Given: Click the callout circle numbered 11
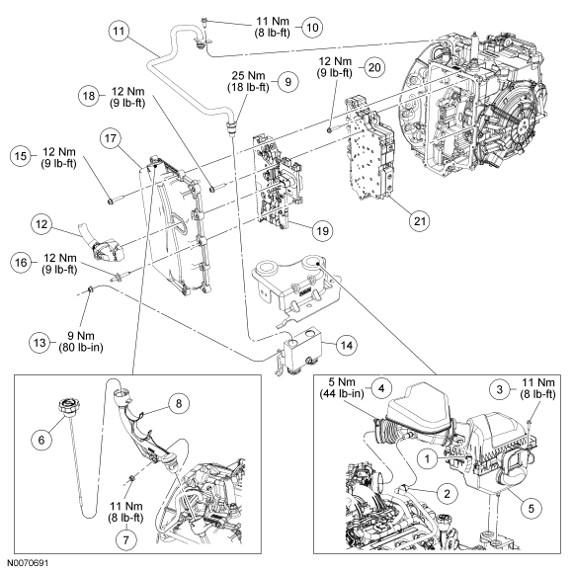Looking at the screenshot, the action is coord(120,31).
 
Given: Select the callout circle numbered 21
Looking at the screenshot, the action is coord(420,221).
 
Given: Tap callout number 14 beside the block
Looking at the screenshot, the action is coord(347,345).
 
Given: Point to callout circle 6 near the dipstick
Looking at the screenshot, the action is coord(41,440).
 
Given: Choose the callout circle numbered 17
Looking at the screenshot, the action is coord(111,138).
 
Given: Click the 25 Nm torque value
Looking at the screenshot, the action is coord(248,76).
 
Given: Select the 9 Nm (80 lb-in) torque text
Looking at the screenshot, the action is coord(81,341).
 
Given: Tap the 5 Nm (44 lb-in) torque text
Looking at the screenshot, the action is coord(342,387).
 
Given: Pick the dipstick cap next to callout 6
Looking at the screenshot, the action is coord(68,407).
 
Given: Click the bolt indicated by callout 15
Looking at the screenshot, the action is coord(117,201).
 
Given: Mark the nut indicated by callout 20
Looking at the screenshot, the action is coord(329,129).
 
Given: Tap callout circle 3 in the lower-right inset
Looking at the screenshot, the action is coord(500,389).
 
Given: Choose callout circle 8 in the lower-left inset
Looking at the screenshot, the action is coord(179,403).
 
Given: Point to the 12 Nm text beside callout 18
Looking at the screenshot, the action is coord(127,91).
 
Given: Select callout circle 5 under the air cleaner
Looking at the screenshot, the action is coord(532,508).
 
